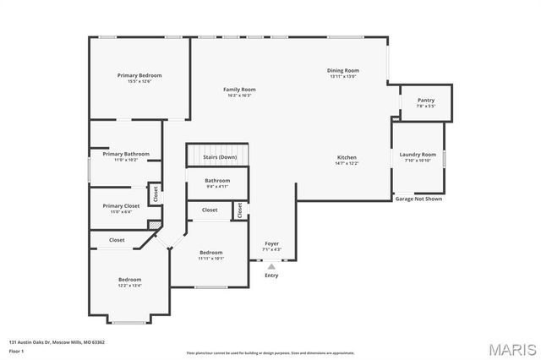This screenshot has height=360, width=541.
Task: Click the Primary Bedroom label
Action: [139, 75]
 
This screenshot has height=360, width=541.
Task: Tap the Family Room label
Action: [239, 90]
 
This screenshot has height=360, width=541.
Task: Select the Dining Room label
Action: [343, 70]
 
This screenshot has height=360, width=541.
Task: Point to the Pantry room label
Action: [426, 101]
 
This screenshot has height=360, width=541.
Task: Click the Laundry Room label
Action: [418, 155]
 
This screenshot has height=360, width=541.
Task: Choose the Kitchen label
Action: [347, 158]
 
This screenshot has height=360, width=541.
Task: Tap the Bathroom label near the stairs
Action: [217, 180]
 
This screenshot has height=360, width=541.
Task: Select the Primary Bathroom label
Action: [126, 154]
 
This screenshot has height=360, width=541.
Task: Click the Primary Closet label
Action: [121, 205]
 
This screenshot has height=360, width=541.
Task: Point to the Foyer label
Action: [271, 244]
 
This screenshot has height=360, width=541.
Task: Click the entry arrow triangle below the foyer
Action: [271, 266]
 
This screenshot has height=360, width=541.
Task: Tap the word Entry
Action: [271, 275]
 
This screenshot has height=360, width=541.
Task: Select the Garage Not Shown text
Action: [418, 199]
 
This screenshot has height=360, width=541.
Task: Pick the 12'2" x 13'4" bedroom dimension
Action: [129, 285]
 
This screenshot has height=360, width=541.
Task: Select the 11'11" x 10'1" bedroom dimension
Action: [210, 258]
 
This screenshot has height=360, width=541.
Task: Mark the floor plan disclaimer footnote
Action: [270, 352]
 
